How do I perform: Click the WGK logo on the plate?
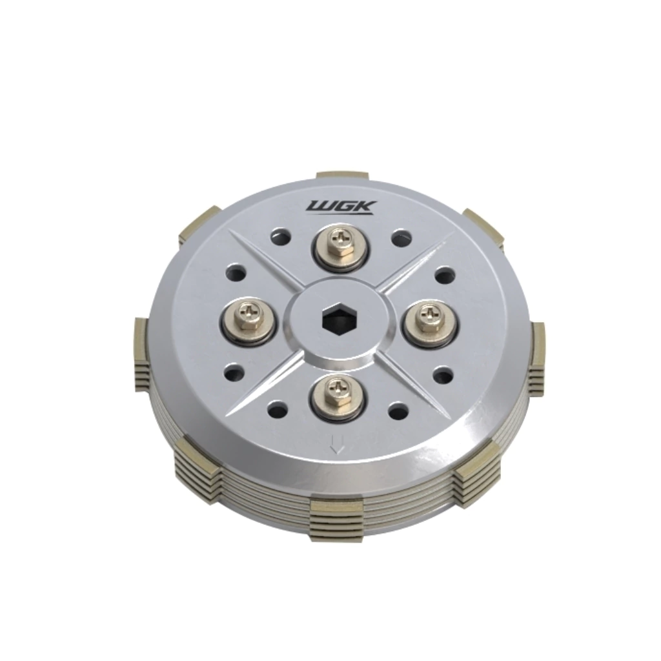(x=341, y=207)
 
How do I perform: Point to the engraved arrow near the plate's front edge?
(x=337, y=444)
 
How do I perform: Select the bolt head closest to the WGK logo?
(x=340, y=245)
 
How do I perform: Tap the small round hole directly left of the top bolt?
(x=281, y=238)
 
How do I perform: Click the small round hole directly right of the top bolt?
(x=402, y=238)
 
